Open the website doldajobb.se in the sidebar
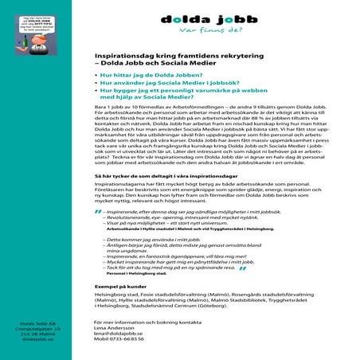click(34, 339)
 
